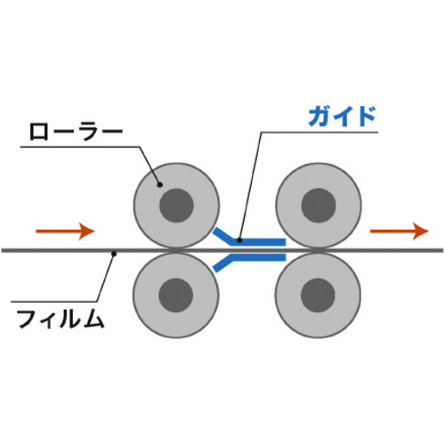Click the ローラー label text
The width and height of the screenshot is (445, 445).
pyautogui.click(x=77, y=133)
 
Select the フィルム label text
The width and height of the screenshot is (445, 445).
pyautogui.click(x=61, y=319)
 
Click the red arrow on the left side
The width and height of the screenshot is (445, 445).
pyautogui.click(x=65, y=231)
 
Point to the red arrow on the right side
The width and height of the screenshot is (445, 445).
pyautogui.click(x=400, y=231)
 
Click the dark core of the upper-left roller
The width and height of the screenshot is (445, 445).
pyautogui.click(x=176, y=206)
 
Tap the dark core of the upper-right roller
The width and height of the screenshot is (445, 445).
pyautogui.click(x=319, y=206)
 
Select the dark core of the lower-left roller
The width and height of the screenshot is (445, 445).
pyautogui.click(x=176, y=295)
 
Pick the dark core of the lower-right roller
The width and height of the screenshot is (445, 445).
pyautogui.click(x=318, y=295)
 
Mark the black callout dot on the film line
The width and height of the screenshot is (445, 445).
pyautogui.click(x=113, y=254)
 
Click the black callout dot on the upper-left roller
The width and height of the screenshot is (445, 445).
pyautogui.click(x=160, y=185)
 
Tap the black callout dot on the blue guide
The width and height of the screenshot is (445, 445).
pyautogui.click(x=239, y=240)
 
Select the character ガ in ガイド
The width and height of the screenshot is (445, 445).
pyautogui.click(x=320, y=117)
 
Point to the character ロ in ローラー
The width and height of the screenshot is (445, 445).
pyautogui.click(x=39, y=133)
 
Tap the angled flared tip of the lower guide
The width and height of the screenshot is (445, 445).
pyautogui.click(x=221, y=266)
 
